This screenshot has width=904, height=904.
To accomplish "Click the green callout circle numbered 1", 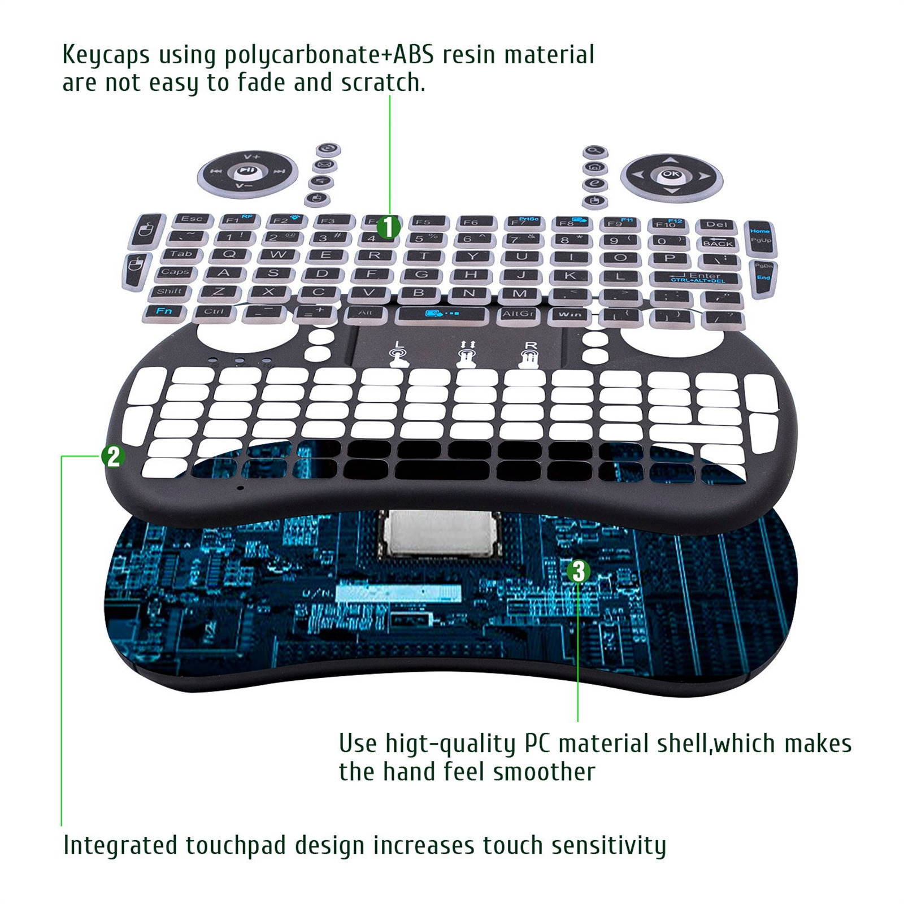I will coord(388,227).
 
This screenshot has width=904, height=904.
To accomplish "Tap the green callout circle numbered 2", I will coord(113,456).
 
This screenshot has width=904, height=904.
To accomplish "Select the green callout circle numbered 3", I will coord(578,571).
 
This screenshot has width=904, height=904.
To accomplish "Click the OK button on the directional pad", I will coord(671,175).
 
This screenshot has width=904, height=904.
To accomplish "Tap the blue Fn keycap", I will coord(163,311).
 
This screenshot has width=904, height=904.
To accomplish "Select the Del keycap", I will coord(716,225).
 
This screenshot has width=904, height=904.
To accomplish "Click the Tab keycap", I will coord(181,254).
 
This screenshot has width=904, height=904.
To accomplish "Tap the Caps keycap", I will coord(174,272).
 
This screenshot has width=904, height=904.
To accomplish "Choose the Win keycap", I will coord(570,314).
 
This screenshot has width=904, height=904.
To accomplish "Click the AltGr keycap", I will coord(518,314).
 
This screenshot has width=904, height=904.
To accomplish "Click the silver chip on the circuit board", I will coord(440,533).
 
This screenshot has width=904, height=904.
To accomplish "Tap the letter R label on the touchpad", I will coord(531,345).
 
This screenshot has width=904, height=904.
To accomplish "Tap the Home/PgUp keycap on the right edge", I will coord(760,236).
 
